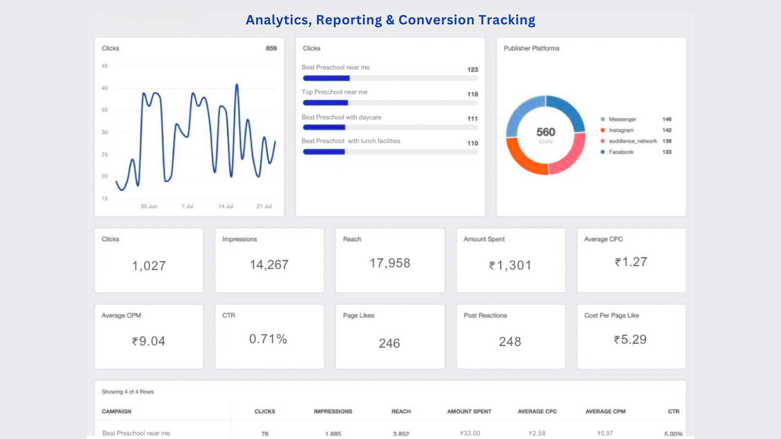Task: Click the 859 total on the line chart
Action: pos(271,48)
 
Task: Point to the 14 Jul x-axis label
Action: pos(226,206)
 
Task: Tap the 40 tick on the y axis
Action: pos(104,88)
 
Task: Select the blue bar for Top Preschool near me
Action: pos(325,103)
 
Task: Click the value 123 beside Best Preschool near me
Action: pos(472,70)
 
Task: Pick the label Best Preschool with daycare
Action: pos(341,118)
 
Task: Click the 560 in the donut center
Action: pos(545,132)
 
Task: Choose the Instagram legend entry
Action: pos(621,130)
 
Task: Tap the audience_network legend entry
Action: pos(632,141)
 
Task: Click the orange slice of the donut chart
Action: pos(522,159)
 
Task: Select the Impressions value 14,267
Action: pos(269,265)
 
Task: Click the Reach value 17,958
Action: pos(390,263)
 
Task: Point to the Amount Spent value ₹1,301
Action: pos(510,265)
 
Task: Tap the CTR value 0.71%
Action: pos(268,339)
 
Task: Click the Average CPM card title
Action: pos(121,316)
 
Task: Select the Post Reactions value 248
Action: pos(510,342)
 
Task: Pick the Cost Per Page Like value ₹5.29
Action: pos(630,339)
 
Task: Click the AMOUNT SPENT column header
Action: pos(469,412)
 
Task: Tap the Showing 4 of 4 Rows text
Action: pos(127,392)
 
